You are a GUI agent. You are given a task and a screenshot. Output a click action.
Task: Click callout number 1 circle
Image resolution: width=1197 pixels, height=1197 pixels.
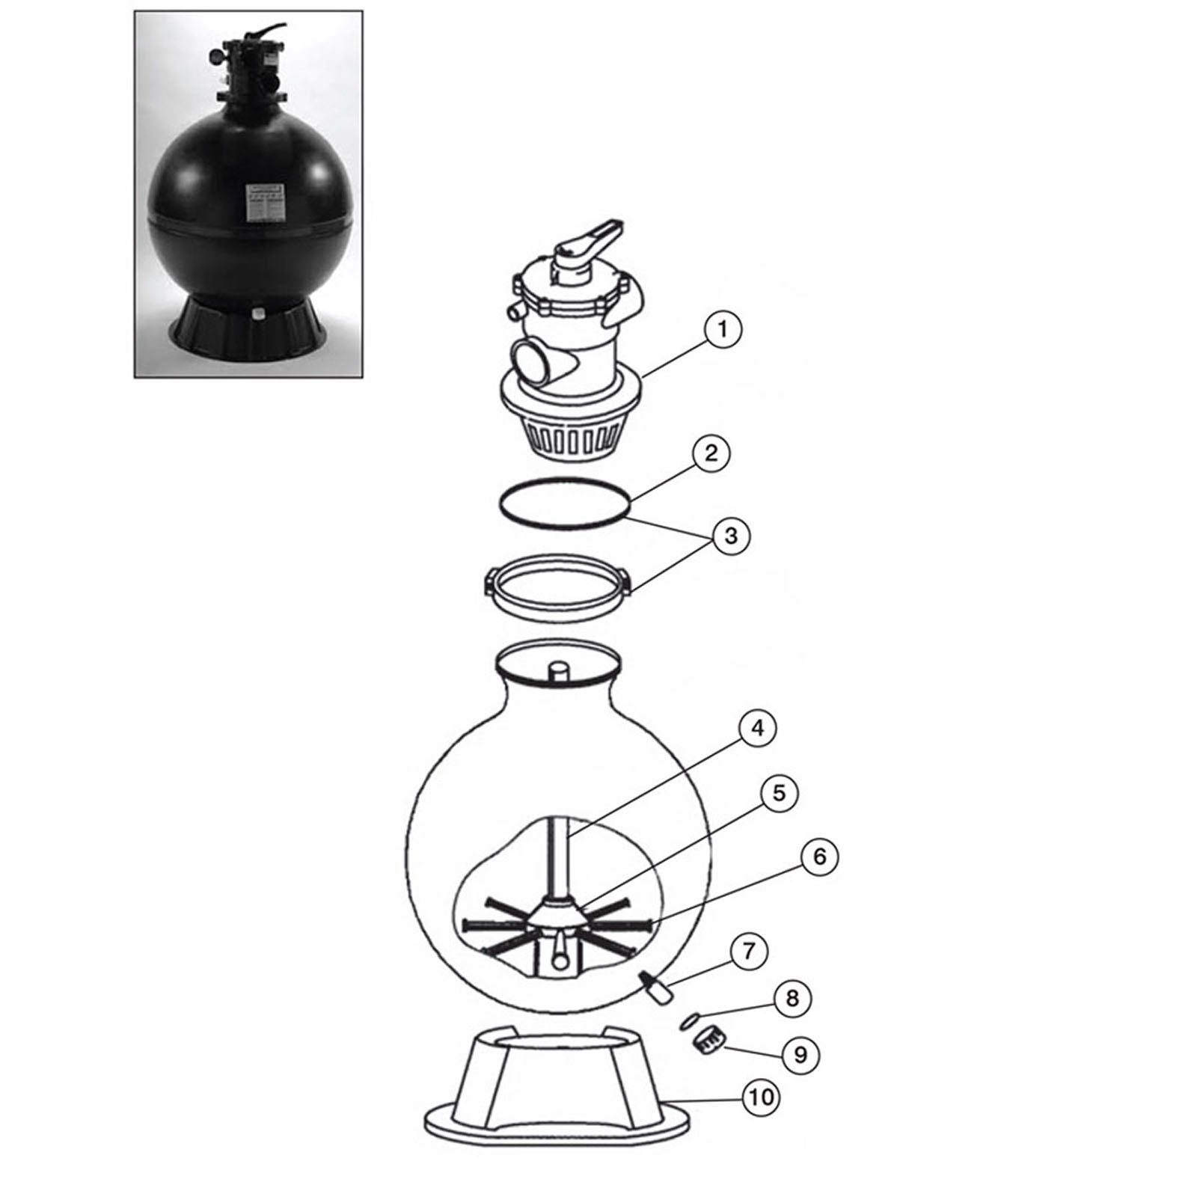pyautogui.click(x=722, y=329)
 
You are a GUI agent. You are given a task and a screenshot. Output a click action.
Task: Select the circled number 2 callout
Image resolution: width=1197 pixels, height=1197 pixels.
pyautogui.click(x=710, y=453)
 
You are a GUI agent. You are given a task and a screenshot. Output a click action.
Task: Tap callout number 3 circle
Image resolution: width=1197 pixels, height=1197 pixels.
pyautogui.click(x=731, y=536)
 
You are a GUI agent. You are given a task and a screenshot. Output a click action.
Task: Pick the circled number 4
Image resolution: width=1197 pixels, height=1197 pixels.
pyautogui.click(x=757, y=728)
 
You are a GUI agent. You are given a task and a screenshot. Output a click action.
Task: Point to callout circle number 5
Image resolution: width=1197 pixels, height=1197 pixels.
pyautogui.click(x=779, y=793)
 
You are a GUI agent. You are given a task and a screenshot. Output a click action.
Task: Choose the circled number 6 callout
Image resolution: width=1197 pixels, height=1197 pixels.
pyautogui.click(x=819, y=857)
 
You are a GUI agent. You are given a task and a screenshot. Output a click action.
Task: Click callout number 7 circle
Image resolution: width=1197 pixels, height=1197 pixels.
pyautogui.click(x=749, y=952)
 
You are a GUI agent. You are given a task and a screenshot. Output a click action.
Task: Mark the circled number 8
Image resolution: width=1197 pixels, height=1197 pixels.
pyautogui.click(x=792, y=998)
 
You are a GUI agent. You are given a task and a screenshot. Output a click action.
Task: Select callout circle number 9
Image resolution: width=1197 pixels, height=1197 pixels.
pyautogui.click(x=800, y=1055)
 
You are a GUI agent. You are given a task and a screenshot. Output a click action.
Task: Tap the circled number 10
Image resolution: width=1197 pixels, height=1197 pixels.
pyautogui.click(x=761, y=1097)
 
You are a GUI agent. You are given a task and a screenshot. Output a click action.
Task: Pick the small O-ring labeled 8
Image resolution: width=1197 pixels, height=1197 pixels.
pyautogui.click(x=691, y=1020)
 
